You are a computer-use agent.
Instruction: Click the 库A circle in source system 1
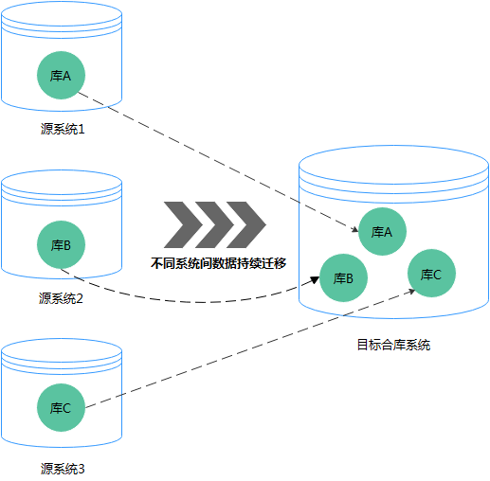(x=61, y=76)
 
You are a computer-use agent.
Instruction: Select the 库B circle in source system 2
(x=61, y=244)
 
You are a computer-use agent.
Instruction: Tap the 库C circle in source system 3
(x=61, y=408)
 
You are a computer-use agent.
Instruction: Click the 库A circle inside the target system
(x=382, y=232)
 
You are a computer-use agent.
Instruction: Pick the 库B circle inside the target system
(x=343, y=278)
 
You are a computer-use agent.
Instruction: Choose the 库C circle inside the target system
(x=431, y=274)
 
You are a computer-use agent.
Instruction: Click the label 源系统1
(x=62, y=130)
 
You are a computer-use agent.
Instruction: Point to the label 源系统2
(x=62, y=299)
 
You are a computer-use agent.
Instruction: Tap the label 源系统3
(x=63, y=468)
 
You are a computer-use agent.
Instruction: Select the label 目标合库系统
(x=393, y=345)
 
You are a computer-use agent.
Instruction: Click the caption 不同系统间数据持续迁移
(x=218, y=263)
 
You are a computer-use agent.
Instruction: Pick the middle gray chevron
(x=213, y=223)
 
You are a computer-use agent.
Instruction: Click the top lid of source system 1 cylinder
(x=62, y=14)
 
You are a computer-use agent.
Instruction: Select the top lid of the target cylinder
(x=393, y=162)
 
